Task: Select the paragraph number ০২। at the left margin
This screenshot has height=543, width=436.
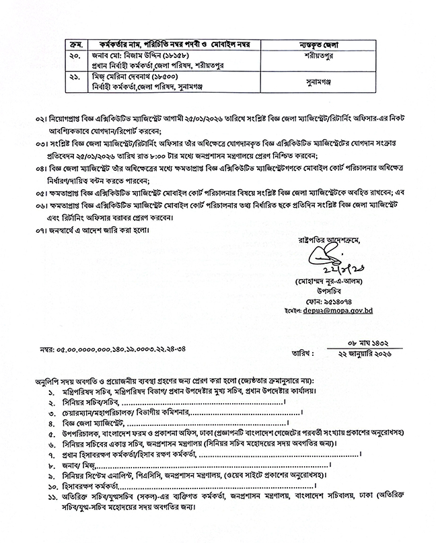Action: [x=42, y=118]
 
